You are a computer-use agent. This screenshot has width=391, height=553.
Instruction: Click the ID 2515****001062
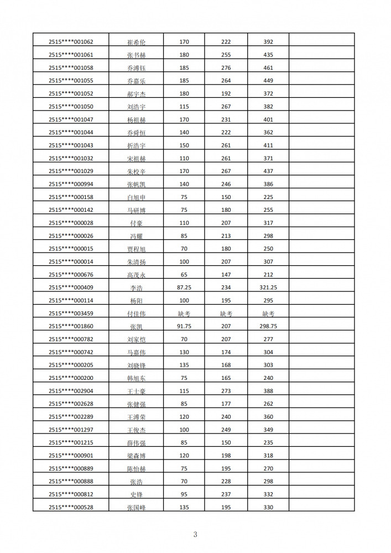pos(71,42)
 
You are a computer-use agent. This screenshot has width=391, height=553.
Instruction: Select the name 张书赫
pos(136,55)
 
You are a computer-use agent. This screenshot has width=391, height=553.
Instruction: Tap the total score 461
pos(268,68)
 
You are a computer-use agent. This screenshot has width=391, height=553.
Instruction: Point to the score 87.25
pos(184,288)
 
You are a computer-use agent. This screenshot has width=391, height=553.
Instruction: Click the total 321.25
pos(268,288)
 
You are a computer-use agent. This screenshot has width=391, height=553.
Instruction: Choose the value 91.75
pos(184,326)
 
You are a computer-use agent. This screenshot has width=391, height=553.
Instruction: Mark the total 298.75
pos(268,326)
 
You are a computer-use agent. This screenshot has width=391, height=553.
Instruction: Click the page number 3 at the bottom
pos(195,534)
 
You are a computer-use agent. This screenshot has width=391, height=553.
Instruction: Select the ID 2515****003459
pos(71,314)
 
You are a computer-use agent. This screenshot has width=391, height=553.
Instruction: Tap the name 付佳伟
pos(136,314)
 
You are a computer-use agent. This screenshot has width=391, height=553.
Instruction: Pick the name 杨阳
pos(136,301)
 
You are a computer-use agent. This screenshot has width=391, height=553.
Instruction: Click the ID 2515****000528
pos(71,507)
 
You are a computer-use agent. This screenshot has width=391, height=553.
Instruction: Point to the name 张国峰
pos(136,508)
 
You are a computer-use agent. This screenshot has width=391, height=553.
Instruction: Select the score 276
pos(226,68)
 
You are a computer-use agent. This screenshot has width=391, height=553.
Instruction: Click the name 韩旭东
pos(136,378)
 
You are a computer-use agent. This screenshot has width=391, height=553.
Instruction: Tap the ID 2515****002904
pos(71,391)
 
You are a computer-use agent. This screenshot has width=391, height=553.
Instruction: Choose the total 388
pos(268,391)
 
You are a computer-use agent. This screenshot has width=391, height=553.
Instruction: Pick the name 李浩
pos(136,288)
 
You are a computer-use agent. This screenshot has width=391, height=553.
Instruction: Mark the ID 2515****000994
pos(71,184)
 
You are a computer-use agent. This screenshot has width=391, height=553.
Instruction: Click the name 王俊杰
pos(136,430)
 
